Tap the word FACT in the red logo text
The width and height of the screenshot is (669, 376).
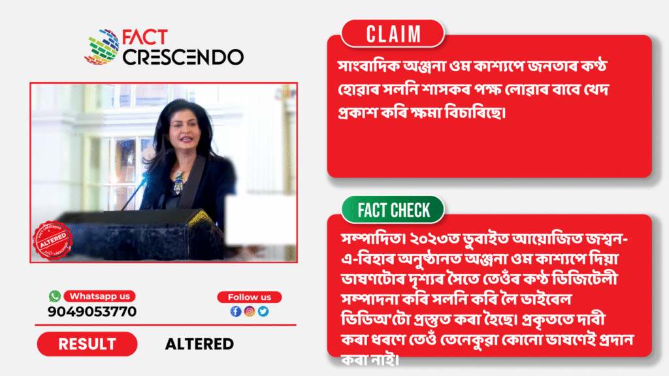144,37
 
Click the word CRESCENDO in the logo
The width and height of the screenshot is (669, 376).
183,57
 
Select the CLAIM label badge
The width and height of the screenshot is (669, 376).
393,34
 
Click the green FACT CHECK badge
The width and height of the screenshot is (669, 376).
393,210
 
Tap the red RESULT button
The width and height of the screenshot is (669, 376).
87,344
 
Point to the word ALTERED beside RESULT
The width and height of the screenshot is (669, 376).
199,344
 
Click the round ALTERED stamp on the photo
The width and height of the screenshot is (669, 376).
52,240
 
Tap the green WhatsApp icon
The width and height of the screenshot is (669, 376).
55,296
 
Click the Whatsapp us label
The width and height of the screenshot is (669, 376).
100,296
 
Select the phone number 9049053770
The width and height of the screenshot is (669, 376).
92,311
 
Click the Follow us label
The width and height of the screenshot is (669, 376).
250,297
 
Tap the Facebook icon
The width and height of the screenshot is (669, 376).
236,311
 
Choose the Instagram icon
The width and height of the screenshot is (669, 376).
250,311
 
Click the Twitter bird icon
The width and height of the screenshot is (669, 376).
263,311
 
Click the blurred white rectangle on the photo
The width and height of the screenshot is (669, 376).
260,219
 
